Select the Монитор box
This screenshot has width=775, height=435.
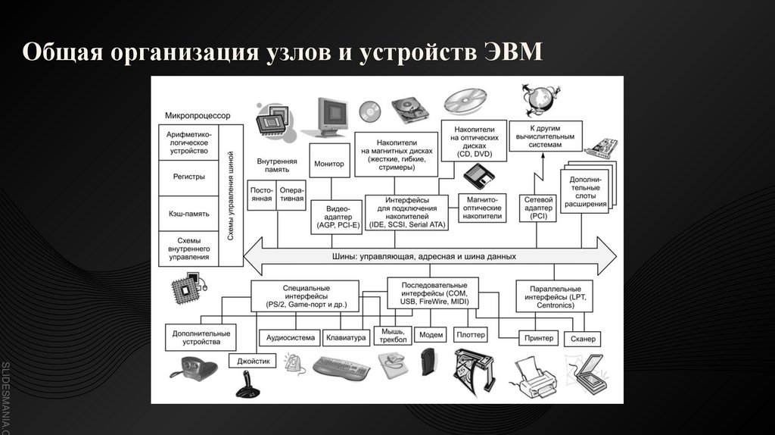point(329,164)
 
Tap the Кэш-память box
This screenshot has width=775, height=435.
point(188,214)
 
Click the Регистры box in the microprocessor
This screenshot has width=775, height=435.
point(188,177)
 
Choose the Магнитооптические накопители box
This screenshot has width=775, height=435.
point(481,207)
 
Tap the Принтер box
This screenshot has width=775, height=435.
point(539,338)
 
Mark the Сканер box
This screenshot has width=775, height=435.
point(584,338)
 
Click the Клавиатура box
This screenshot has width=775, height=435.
point(345,337)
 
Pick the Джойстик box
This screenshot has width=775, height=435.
point(253,361)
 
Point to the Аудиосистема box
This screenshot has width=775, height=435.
point(289,337)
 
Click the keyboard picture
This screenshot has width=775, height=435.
point(341,368)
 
